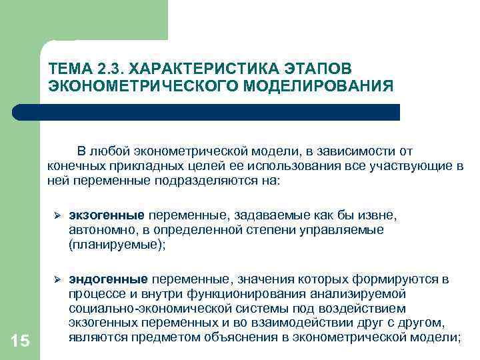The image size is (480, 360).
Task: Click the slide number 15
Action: pyautogui.click(x=21, y=341)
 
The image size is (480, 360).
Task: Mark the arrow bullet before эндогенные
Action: pyautogui.click(x=57, y=279)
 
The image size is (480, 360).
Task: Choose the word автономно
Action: pyautogui.click(x=97, y=230)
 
